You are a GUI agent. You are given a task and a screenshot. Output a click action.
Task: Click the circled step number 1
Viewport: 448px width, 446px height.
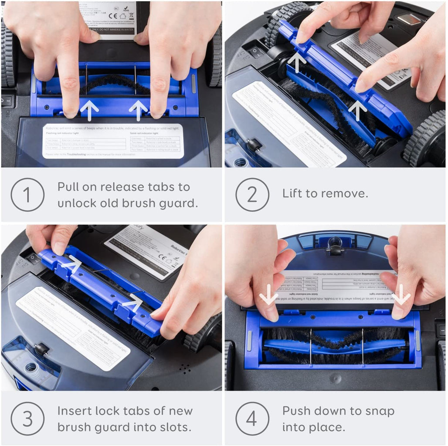(27, 195)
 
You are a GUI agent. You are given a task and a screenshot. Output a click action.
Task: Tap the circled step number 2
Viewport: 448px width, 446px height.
(252, 195)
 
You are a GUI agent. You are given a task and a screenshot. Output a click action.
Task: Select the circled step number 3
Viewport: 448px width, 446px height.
(27, 419)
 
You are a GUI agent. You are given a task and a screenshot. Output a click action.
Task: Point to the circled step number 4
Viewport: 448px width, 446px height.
(252, 419)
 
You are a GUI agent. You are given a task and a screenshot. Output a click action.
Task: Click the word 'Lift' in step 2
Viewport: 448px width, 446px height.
(293, 193)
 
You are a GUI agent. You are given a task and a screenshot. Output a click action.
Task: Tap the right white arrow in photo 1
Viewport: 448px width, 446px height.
(139, 110)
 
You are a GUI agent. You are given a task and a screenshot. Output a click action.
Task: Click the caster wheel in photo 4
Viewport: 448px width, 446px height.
(335, 246)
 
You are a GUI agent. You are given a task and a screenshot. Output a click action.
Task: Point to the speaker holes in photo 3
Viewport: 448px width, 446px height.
(185, 369)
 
